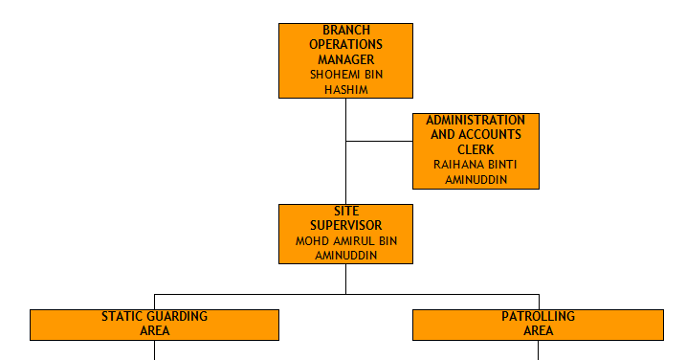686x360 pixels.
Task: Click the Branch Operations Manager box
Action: pyautogui.click(x=345, y=60)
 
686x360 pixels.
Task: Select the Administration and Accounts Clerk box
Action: pyautogui.click(x=476, y=150)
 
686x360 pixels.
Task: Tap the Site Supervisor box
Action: pyautogui.click(x=345, y=234)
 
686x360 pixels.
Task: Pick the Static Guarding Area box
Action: pyautogui.click(x=154, y=325)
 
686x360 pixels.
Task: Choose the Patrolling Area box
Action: pyautogui.click(x=538, y=325)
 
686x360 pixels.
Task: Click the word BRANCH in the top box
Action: pyautogui.click(x=345, y=31)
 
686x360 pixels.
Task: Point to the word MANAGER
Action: pyautogui.click(x=345, y=59)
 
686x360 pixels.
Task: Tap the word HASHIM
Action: pyautogui.click(x=345, y=89)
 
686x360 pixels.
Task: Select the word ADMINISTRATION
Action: pyautogui.click(x=476, y=121)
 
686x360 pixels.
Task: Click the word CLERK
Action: pyautogui.click(x=476, y=149)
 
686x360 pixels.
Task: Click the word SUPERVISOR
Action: pyautogui.click(x=345, y=226)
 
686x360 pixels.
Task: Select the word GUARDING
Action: pyautogui.click(x=174, y=317)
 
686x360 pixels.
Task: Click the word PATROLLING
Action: pyautogui.click(x=538, y=317)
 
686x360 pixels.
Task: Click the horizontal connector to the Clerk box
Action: pyautogui.click(x=379, y=142)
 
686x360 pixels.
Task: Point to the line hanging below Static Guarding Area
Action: pyautogui.click(x=154, y=349)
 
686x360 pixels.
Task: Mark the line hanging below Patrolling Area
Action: pyautogui.click(x=538, y=349)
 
